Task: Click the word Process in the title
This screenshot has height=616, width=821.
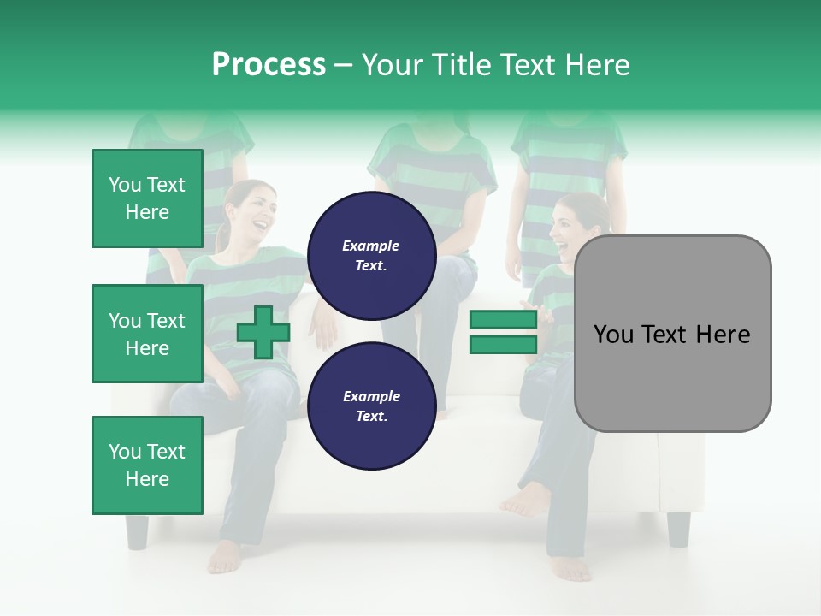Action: click(x=269, y=65)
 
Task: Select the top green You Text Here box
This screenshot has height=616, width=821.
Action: click(x=147, y=198)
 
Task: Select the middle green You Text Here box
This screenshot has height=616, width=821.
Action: click(x=147, y=334)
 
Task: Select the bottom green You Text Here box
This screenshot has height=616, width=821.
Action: click(x=147, y=465)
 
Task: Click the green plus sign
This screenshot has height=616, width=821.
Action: click(x=263, y=333)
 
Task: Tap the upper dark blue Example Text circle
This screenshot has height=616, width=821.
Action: click(x=371, y=256)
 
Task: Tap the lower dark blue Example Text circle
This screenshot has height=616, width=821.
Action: click(x=371, y=406)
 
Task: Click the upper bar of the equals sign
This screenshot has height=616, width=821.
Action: click(x=503, y=320)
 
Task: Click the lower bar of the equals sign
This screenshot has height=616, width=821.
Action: click(x=503, y=345)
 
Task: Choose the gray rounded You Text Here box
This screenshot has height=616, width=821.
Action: click(x=672, y=334)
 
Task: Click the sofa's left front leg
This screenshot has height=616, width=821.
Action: click(x=137, y=530)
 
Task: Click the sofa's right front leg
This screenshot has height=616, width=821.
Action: click(x=678, y=528)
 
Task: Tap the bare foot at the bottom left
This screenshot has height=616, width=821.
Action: click(x=224, y=557)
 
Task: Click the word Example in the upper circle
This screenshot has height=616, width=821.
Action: click(x=371, y=246)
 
